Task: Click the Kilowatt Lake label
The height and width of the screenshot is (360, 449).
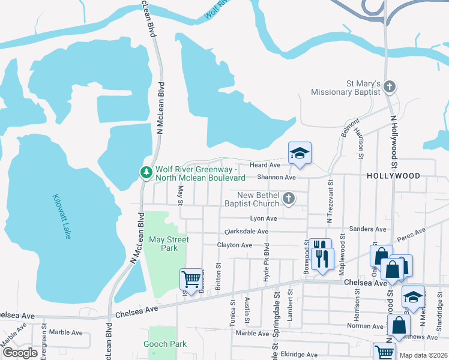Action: tap(62, 217)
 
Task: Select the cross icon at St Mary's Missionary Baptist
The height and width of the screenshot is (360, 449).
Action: tap(390, 87)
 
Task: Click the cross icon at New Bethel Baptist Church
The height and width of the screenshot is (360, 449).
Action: tap(289, 199)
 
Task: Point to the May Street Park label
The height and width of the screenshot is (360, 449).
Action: tap(169, 244)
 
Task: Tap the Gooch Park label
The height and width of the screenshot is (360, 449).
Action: tap(164, 344)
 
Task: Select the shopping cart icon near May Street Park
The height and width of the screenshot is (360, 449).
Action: tap(191, 279)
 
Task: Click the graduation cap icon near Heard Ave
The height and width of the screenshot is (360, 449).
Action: tap(300, 153)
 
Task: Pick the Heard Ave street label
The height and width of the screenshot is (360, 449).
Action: tap(265, 164)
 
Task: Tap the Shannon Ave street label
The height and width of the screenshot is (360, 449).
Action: tap(276, 178)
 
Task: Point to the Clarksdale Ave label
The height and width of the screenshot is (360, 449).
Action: tap(246, 232)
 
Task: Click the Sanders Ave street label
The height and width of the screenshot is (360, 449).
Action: tap(368, 229)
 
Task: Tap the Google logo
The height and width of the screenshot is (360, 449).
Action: tap(20, 353)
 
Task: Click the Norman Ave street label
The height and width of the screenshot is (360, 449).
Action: tap(364, 326)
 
